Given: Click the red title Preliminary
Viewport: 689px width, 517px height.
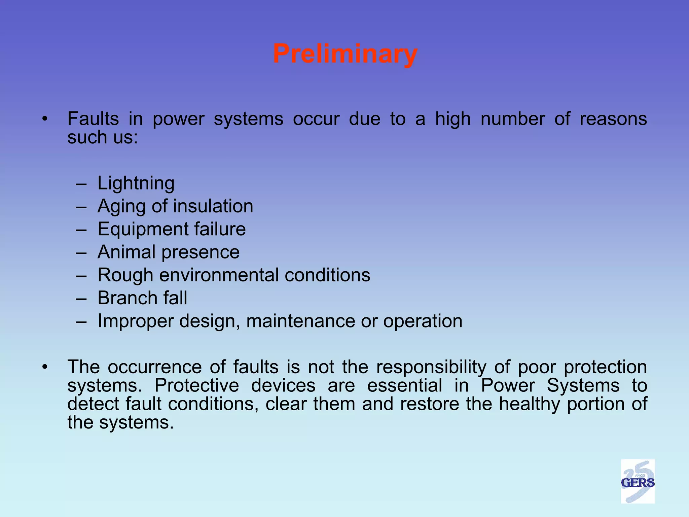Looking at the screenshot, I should [x=345, y=54].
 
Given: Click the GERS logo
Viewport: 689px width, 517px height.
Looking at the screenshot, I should [x=638, y=481].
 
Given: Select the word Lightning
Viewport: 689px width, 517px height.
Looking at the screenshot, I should [x=136, y=183].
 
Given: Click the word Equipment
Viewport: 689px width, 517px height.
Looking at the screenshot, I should [x=143, y=230].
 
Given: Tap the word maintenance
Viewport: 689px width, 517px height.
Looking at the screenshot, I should [x=300, y=321].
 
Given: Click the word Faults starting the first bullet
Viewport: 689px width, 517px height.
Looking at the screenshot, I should [x=93, y=119].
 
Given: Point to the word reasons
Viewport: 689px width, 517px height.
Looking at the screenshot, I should [x=613, y=119].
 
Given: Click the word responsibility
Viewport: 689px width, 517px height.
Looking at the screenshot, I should [x=431, y=367].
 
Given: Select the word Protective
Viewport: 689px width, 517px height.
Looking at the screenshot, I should [x=196, y=385].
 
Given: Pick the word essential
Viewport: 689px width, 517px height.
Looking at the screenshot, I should [x=404, y=385].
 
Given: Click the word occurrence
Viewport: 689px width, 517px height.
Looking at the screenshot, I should [x=154, y=367].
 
